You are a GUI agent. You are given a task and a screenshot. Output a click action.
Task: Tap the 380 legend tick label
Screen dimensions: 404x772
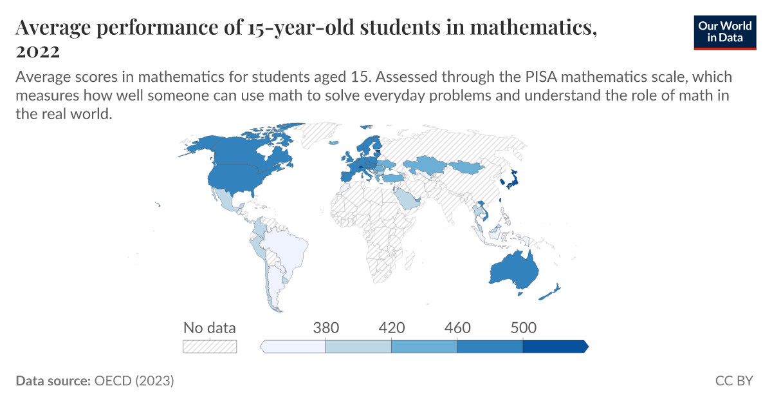[x=326, y=327]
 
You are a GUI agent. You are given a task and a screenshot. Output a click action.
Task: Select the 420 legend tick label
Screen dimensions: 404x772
[x=391, y=327]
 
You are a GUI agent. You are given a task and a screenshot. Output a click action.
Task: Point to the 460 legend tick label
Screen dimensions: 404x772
[x=457, y=327]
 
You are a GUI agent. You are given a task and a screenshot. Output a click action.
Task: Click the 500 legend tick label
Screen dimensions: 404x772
[x=523, y=327]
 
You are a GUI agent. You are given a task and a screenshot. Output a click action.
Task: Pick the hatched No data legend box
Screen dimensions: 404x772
[x=210, y=347]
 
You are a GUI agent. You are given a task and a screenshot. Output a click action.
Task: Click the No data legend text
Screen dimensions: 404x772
[x=210, y=327]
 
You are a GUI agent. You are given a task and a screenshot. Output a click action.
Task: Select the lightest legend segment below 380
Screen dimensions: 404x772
[x=294, y=347]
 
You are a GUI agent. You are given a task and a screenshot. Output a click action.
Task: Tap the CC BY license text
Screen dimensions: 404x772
[x=734, y=381]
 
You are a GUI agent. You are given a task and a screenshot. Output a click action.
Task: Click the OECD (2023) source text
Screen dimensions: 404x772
[x=134, y=381]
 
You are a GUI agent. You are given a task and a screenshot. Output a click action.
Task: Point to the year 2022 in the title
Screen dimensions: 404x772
[x=37, y=51]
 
